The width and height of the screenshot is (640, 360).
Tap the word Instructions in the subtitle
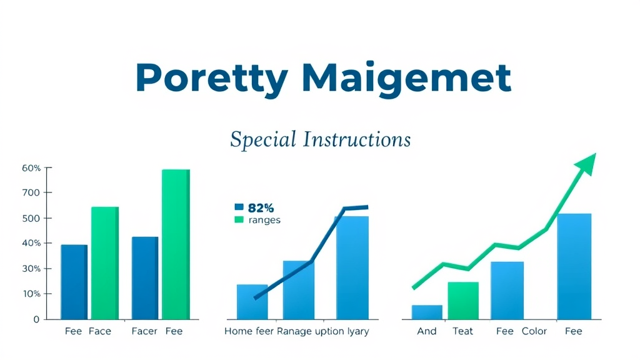(x=356, y=139)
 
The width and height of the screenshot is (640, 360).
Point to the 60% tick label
(x=31, y=168)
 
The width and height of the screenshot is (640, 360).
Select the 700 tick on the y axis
(x=31, y=193)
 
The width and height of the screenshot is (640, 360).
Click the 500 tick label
(x=31, y=218)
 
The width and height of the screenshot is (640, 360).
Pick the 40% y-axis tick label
(x=31, y=243)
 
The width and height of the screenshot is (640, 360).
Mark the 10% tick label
(x=31, y=294)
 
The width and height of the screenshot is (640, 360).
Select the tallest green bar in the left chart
(x=175, y=244)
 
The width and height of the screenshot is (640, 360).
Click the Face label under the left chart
(x=99, y=331)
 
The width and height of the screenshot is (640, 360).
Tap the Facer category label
(x=144, y=331)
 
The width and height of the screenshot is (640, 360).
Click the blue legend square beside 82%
(x=238, y=207)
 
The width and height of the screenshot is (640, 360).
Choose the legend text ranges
(x=264, y=220)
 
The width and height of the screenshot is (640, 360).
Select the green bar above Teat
(x=463, y=300)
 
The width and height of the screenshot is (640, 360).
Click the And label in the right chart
(x=427, y=331)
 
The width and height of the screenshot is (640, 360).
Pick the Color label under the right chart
(x=534, y=331)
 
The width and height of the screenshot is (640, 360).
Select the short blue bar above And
(x=427, y=312)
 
